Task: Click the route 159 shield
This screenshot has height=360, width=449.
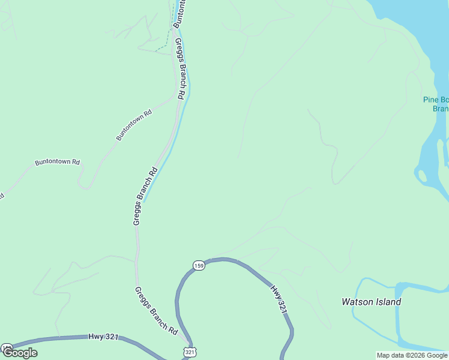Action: click(199, 265)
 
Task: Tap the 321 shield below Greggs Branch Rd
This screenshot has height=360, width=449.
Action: click(190, 352)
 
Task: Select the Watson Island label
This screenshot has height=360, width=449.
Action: click(371, 302)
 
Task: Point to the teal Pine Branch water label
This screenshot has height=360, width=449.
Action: click(436, 104)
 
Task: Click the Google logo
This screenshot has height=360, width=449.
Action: click(20, 353)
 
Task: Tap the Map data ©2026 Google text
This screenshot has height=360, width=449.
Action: click(412, 355)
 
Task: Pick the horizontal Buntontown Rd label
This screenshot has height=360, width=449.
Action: click(57, 162)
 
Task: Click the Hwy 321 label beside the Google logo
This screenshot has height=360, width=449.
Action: click(103, 337)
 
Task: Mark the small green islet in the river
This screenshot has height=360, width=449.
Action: click(422, 176)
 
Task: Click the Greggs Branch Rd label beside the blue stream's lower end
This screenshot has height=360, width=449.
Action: click(145, 196)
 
